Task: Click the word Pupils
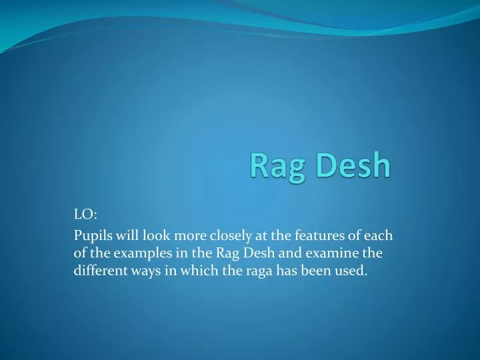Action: coord(90,235)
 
